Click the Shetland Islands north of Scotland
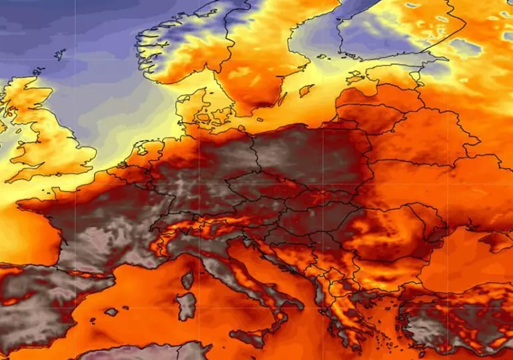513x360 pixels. pyautogui.click(x=60, y=54)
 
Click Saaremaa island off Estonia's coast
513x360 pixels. pyautogui.click(x=352, y=75)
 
